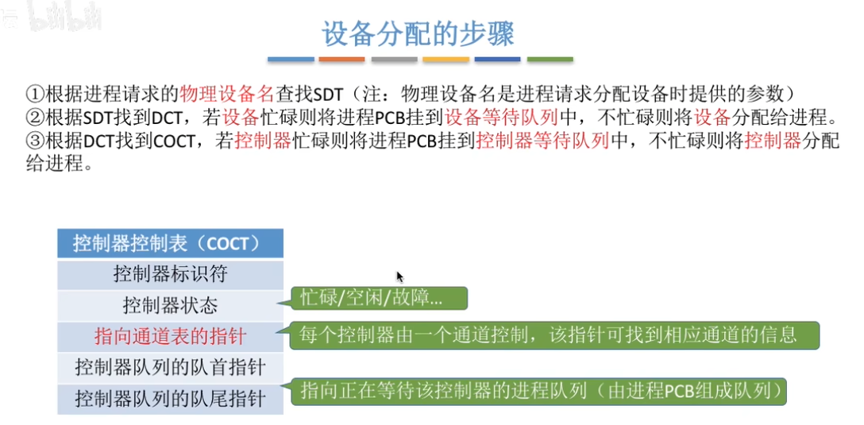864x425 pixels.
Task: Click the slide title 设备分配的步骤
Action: (418, 34)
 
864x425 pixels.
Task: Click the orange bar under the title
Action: (342, 60)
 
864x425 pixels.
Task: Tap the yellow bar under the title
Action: (445, 60)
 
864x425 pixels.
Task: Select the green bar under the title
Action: (550, 60)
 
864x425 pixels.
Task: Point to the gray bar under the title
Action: (394, 60)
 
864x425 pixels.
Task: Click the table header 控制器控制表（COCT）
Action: (170, 242)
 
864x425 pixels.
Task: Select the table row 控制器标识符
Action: (170, 274)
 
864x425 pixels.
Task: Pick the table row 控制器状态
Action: (170, 305)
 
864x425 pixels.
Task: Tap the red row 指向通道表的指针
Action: (170, 336)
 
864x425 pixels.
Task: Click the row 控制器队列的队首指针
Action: (170, 367)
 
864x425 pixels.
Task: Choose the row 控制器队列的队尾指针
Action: (170, 397)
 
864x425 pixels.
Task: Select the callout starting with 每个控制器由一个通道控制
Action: (553, 335)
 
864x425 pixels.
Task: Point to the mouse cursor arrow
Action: (399, 276)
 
